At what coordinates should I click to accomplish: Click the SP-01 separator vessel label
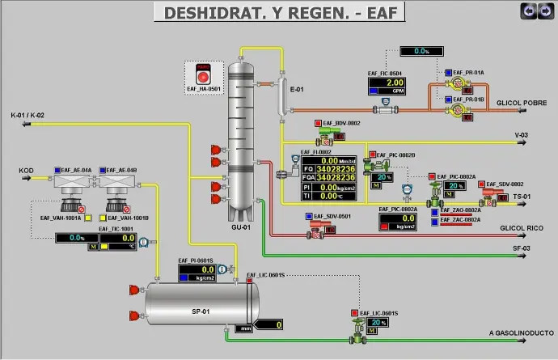tap(200, 311)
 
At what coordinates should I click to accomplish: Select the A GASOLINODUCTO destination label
tap(519, 332)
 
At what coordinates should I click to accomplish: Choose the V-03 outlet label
tap(521, 135)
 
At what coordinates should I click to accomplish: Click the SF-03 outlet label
tap(521, 248)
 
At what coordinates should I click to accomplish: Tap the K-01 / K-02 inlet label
tap(27, 116)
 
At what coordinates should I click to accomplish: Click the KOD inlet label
tap(26, 171)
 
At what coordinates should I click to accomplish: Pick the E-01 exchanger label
tap(296, 89)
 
